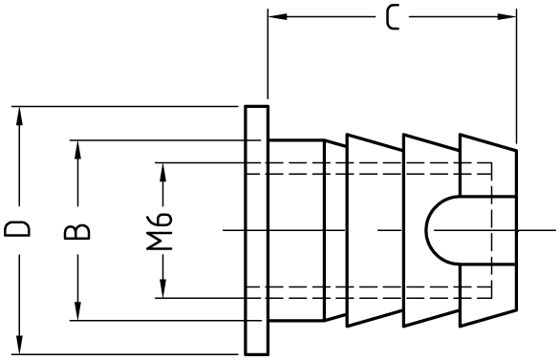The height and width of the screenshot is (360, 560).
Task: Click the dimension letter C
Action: tap(393, 17)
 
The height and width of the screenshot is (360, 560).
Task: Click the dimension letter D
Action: tap(17, 229)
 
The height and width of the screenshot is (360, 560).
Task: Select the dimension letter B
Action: tap(76, 231)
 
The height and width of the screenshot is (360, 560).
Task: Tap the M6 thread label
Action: tap(160, 231)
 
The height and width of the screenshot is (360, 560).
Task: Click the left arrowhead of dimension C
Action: tap(277, 16)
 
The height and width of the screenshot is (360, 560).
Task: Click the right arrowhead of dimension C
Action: tap(506, 16)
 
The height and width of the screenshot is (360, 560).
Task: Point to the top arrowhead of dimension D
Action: tap(20, 116)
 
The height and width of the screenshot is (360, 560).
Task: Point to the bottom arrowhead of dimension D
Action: tap(20, 345)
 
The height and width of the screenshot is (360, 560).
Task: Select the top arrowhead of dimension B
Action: tap(77, 150)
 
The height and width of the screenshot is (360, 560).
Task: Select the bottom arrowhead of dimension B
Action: tap(77, 311)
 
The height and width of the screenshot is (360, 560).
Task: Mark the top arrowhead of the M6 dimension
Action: tap(163, 172)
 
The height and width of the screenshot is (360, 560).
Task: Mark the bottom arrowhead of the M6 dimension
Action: tap(163, 288)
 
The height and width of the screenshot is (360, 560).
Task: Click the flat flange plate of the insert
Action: tap(256, 230)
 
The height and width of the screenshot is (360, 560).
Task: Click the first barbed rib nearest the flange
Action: tap(375, 230)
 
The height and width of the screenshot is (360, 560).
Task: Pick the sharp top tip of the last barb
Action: tap(460, 135)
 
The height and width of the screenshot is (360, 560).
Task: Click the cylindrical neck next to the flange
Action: tap(296, 230)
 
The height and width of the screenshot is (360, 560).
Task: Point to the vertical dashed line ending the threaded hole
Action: tap(492, 230)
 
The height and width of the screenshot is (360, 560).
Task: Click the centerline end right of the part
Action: tap(555, 230)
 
